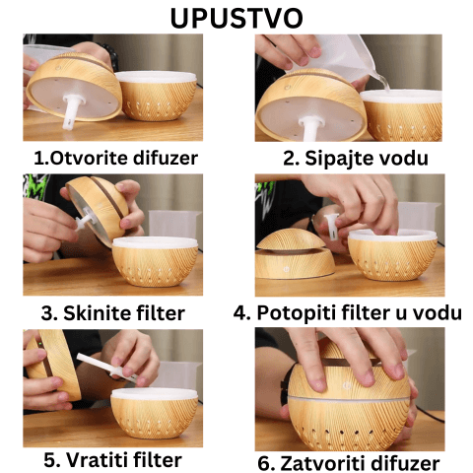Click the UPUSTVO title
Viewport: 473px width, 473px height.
point(236,18)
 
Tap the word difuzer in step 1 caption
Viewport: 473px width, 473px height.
point(166,158)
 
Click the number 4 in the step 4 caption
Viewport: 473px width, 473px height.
point(239,313)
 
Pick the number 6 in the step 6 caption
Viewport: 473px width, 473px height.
point(263,463)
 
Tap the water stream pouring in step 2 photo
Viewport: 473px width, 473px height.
point(381,81)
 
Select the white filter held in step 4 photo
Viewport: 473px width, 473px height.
point(332,227)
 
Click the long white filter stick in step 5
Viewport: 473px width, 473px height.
point(107,368)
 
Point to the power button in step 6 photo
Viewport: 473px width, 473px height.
point(346,385)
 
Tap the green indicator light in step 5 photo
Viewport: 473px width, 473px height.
point(39,344)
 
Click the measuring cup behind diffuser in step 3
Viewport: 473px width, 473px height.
point(173,225)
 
